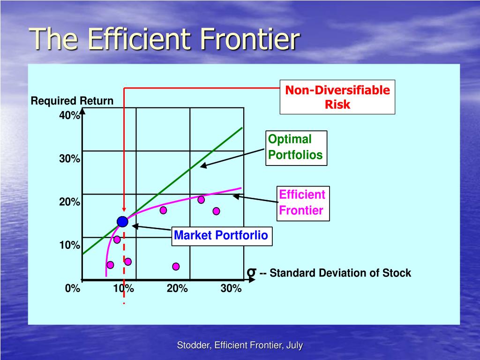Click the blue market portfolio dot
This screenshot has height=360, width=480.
point(122,222)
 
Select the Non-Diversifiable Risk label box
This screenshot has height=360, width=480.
point(337,97)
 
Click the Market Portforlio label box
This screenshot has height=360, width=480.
point(221,235)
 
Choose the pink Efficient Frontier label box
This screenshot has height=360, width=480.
point(302,202)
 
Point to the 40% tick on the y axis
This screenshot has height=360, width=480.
point(70,116)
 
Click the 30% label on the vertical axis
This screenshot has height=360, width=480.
point(70,159)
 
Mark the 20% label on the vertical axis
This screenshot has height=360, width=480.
point(70,202)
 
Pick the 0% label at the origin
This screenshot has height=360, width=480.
point(73,288)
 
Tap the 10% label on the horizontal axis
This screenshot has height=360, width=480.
point(123,288)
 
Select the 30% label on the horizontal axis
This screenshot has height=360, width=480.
point(231,288)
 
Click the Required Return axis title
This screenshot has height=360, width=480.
point(72,101)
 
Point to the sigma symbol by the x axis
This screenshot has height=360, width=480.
point(251,272)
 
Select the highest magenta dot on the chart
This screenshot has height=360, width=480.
point(201,200)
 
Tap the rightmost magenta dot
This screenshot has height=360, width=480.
point(216,211)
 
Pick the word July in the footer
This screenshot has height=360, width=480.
point(294,345)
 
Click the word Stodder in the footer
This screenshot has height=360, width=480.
point(193,345)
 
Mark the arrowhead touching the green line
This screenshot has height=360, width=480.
point(202,166)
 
